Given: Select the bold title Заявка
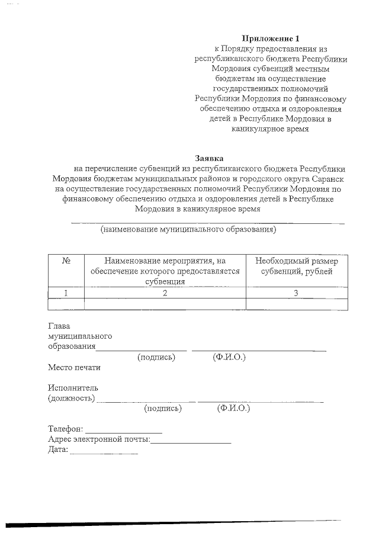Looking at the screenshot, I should tap(210, 158).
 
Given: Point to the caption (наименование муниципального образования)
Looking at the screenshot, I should tap(188, 229).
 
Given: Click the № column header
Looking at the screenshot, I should tap(66, 261).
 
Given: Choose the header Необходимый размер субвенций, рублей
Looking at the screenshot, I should tap(297, 266).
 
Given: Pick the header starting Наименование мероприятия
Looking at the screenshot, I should tap(165, 271).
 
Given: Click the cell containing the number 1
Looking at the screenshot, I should tap(66, 293).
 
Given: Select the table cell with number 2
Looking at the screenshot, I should tap(165, 293).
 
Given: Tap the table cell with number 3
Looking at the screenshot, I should tap(297, 293).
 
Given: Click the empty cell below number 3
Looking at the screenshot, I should tap(297, 304).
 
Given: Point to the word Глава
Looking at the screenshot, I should tap(59, 326).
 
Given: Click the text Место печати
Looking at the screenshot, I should tap(74, 367).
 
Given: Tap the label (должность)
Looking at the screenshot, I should tap(71, 398).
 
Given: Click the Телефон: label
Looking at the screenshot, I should tap(66, 429).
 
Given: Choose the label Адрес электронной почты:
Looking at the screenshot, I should tap(98, 439).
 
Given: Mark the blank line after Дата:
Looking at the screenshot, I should tap(104, 452).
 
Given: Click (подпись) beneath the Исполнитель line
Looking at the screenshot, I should tap(163, 408).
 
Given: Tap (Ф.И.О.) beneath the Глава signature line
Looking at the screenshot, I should tap(229, 357).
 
